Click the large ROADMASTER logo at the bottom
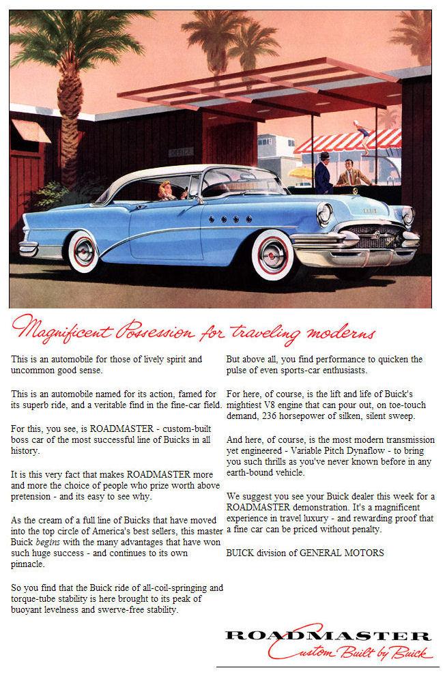coord(328,637)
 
